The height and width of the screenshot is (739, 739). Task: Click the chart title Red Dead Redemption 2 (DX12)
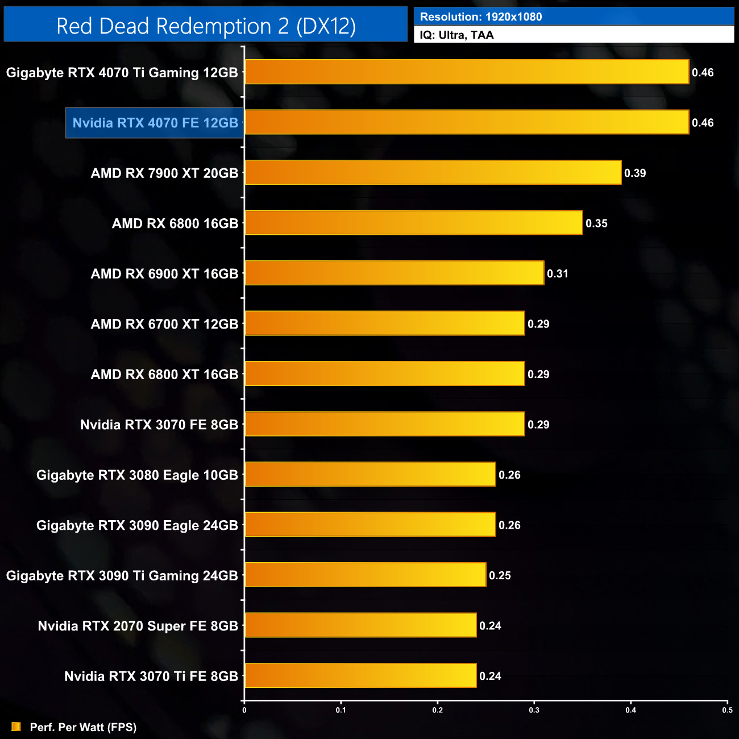point(206,26)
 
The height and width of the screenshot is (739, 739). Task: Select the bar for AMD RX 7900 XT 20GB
point(433,173)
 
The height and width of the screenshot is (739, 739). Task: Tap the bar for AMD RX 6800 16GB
point(413,223)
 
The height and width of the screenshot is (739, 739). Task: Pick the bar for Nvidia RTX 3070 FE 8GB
point(384,424)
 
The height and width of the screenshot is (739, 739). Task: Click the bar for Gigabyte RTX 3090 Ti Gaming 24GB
point(365,575)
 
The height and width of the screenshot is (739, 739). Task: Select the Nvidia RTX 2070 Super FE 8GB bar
point(360,625)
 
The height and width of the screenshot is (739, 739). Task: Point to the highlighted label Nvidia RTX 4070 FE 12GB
point(155,123)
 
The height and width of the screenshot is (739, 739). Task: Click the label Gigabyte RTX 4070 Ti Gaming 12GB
point(122,73)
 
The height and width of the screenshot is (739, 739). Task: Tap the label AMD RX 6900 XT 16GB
point(164,274)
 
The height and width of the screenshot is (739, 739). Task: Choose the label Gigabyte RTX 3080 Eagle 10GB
point(137,475)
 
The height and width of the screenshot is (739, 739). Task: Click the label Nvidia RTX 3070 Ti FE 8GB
point(151,676)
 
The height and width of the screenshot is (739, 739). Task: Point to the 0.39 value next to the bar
point(635,173)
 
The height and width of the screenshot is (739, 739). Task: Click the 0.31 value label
point(558,274)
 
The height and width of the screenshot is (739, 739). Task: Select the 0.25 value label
point(500,576)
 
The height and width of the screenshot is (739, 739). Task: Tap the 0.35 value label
point(596,223)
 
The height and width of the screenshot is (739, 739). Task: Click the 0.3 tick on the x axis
point(534,710)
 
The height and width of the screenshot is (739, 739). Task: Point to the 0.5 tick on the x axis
point(727,710)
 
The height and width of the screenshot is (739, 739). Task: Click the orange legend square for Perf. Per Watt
point(16,726)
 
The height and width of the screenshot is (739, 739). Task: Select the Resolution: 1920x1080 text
point(481,17)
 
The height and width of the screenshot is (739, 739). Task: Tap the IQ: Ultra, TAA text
point(456,35)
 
